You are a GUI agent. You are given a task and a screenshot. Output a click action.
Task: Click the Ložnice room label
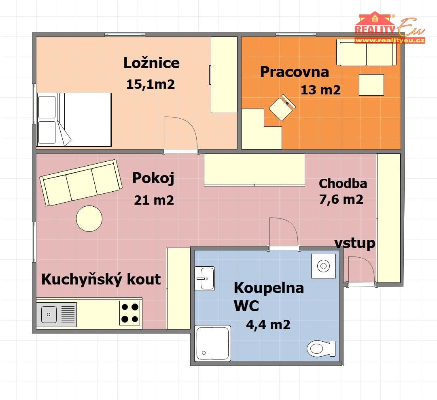(152, 63)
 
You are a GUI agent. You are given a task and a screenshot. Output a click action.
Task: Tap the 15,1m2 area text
(151, 84)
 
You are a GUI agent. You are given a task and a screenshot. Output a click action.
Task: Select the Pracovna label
(295, 72)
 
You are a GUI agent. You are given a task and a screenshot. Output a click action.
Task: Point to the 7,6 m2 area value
(341, 199)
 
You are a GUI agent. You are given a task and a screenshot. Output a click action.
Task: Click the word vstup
(355, 243)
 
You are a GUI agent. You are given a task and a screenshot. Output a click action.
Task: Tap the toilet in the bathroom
(321, 349)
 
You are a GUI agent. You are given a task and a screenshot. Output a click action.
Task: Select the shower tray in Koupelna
(213, 343)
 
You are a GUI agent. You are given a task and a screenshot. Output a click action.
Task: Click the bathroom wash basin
(205, 278)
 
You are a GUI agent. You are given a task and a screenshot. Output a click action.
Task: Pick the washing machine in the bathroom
(324, 266)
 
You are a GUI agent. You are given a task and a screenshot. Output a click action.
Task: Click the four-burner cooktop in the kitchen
(130, 313)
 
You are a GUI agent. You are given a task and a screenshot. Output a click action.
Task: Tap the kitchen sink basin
(49, 314)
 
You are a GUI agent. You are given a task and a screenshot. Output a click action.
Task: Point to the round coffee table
(89, 218)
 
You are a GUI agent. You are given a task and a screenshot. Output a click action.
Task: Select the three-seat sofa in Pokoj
(81, 182)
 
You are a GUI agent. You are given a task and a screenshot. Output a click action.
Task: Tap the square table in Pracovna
(371, 85)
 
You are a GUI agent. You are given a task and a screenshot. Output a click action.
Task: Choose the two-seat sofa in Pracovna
(367, 52)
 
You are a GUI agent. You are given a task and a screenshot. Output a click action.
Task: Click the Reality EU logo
(390, 28)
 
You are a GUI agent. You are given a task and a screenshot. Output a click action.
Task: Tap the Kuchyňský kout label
(101, 279)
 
